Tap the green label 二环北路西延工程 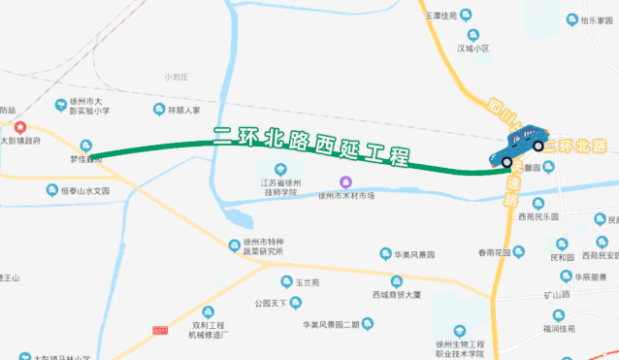coord(310,146)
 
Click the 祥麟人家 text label coord(183,111)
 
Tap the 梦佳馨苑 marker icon coord(86,146)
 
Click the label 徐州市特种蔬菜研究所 coord(264,246)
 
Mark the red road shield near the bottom coord(160,331)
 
